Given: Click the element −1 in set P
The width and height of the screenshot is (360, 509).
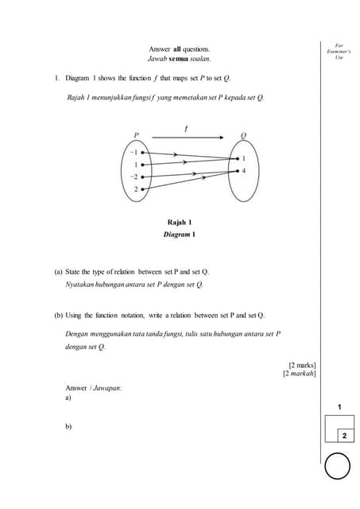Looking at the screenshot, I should (x=135, y=151).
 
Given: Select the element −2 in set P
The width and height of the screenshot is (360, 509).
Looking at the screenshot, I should (x=135, y=177).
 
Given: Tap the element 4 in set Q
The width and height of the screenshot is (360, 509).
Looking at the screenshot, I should (x=243, y=170).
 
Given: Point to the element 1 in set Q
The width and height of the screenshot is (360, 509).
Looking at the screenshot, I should (x=243, y=158).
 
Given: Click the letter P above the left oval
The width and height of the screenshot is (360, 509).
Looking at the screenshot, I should (x=136, y=135).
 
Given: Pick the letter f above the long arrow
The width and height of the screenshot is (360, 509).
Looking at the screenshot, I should (x=186, y=126).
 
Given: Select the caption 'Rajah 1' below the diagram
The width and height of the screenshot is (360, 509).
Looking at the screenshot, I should (x=180, y=222).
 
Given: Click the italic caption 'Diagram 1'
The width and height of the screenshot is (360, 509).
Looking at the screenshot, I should (x=180, y=235).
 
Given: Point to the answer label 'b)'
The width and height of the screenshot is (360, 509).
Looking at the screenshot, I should (x=68, y=426).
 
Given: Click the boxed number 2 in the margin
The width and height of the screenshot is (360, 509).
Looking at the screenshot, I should (x=344, y=436).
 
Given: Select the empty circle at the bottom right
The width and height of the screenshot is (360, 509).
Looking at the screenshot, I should (x=337, y=466).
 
